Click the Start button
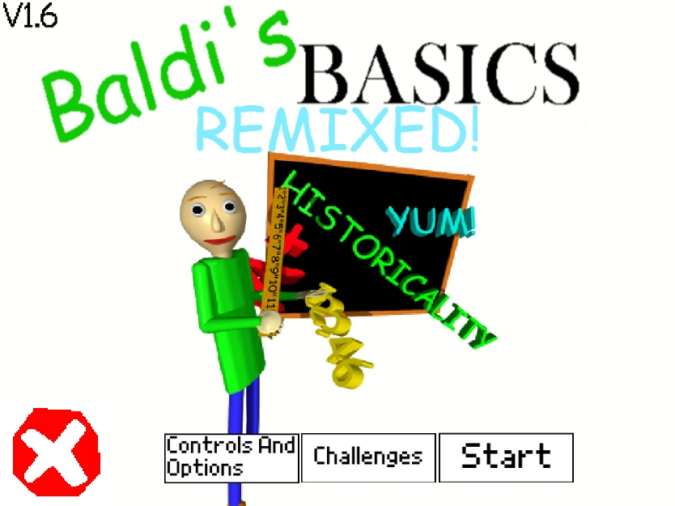(x=506, y=457)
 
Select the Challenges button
(x=368, y=457)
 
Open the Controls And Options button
(x=231, y=457)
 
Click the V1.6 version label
(x=31, y=18)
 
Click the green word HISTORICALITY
(x=388, y=259)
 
